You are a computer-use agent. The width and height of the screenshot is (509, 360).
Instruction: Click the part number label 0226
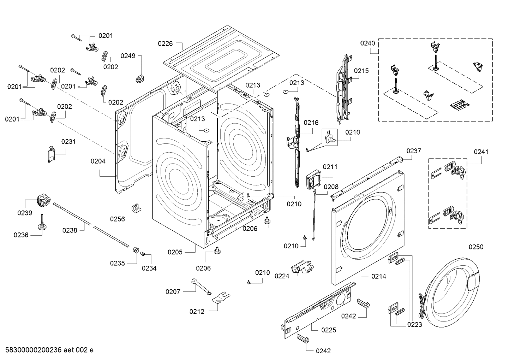pos(165,43)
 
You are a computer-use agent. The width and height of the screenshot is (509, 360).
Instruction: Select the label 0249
pos(128,55)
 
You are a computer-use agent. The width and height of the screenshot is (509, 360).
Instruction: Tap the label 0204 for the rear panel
pos(98,161)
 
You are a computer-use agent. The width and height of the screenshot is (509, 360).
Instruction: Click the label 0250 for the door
pos(476,247)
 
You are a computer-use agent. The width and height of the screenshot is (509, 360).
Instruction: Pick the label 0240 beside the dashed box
pos(367,43)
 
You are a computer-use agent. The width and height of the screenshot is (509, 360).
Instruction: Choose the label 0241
pos(481,152)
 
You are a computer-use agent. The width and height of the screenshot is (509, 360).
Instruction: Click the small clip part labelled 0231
pos(52,154)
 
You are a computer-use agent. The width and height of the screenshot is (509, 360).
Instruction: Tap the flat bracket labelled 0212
pos(220,297)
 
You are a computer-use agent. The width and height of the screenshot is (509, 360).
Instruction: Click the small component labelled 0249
pos(141,78)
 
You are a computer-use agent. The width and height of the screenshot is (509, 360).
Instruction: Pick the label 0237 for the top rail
pos(413,151)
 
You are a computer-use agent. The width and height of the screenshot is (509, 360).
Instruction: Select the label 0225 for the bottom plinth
pos(328,330)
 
